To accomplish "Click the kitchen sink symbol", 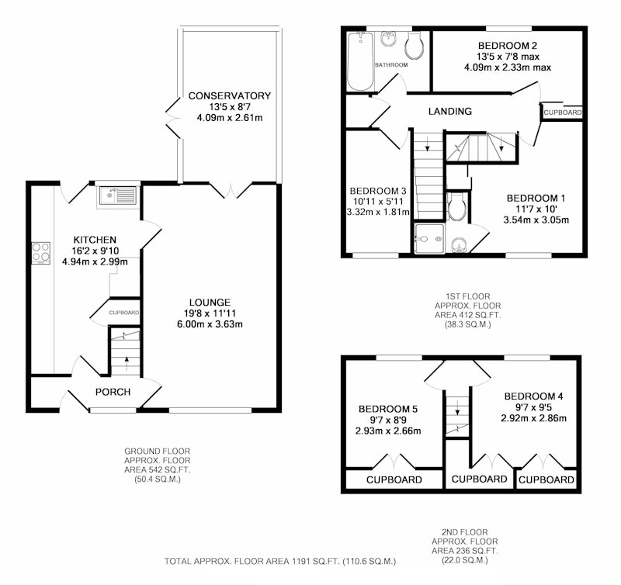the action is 118,196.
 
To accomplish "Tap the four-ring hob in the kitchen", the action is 41,253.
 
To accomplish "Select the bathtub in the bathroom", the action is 360,61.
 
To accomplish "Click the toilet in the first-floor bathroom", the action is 415,46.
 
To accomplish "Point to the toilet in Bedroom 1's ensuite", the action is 456,206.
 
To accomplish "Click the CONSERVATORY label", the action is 230,95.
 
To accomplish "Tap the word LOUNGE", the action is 210,303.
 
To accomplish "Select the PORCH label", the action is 113,392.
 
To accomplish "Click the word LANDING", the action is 450,111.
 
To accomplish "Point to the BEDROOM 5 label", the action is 388,409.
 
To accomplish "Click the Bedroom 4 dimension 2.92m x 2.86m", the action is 533,418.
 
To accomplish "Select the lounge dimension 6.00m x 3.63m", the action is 210,324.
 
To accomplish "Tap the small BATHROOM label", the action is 391,65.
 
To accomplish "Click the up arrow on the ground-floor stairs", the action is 127,362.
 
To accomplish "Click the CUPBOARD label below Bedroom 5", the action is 394,479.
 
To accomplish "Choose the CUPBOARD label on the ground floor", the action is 124,313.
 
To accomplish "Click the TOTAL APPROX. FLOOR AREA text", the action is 280,561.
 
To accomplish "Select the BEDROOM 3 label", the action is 378,191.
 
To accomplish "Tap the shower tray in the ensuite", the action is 429,239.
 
